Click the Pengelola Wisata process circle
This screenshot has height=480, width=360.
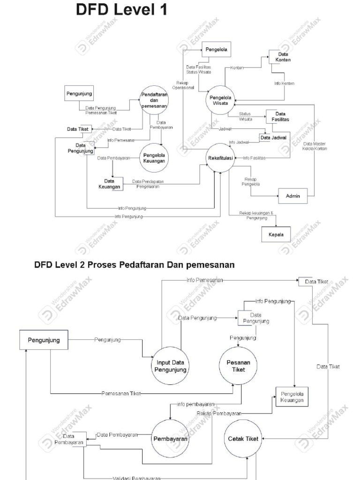pyautogui.click(x=219, y=100)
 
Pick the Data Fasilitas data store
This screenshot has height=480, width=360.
pyautogui.click(x=279, y=117)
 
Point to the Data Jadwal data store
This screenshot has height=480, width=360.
pyautogui.click(x=275, y=137)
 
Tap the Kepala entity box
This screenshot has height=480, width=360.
pyautogui.click(x=276, y=234)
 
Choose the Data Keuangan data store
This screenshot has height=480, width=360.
pyautogui.click(x=110, y=184)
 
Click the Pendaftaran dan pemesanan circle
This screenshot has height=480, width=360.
pyautogui.click(x=154, y=100)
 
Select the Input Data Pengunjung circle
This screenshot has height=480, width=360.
pyautogui.click(x=171, y=366)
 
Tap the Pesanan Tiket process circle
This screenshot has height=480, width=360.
pyautogui.click(x=235, y=366)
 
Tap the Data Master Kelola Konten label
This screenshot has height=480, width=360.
pyautogui.click(x=315, y=146)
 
